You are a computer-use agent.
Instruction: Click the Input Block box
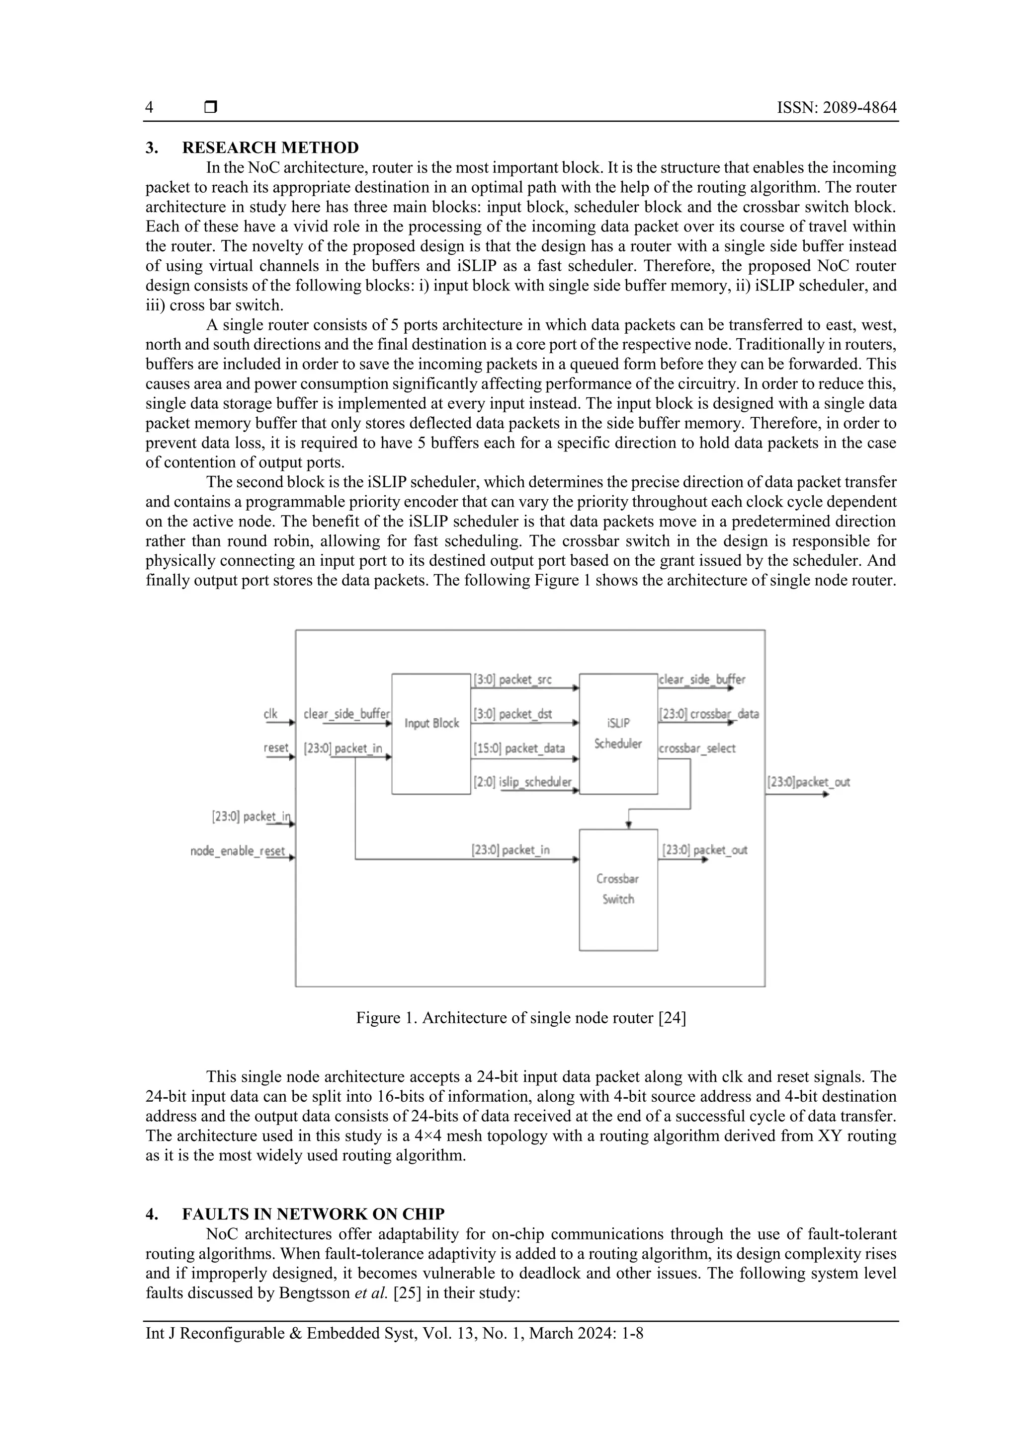point(431,733)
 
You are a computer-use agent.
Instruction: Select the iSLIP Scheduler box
point(618,733)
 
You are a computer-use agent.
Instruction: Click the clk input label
point(270,714)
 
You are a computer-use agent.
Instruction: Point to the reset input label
point(276,748)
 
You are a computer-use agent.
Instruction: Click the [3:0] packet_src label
point(512,680)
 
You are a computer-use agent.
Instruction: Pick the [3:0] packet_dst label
point(512,714)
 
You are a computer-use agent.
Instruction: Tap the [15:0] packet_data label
point(519,749)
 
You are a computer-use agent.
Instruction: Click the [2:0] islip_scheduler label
point(522,782)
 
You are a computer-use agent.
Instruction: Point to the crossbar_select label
point(697,749)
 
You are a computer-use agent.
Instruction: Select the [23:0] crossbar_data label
point(708,714)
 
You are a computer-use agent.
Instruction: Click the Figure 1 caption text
point(520,1018)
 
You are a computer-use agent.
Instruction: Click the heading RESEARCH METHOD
point(270,148)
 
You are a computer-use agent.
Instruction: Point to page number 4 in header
point(149,108)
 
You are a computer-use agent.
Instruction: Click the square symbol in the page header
point(211,107)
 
